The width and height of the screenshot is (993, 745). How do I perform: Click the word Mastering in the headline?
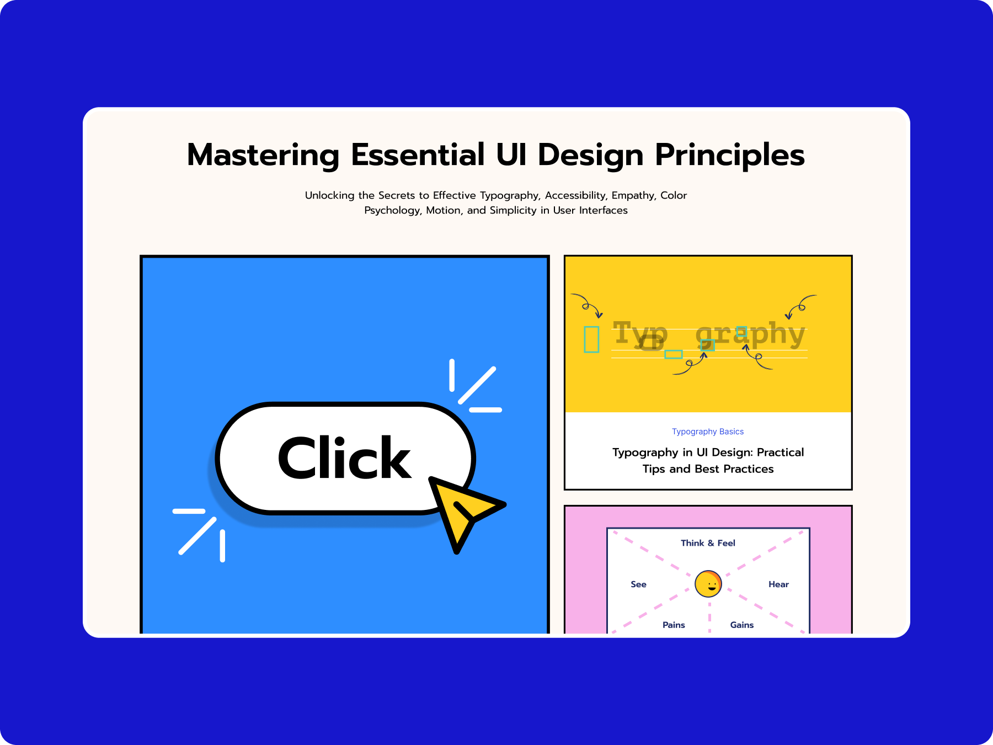[263, 156]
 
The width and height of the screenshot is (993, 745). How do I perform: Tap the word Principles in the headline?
[730, 156]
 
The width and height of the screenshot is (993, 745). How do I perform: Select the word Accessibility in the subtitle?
[575, 195]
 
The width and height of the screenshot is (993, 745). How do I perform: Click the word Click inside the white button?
[345, 457]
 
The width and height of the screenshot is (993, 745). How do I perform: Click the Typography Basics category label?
[708, 432]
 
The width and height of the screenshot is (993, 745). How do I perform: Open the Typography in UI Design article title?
[708, 460]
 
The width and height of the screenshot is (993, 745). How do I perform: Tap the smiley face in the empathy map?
[708, 584]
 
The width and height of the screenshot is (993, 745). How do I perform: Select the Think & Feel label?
[708, 543]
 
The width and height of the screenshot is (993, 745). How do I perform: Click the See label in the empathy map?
[638, 584]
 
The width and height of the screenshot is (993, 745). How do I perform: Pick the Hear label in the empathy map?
[778, 584]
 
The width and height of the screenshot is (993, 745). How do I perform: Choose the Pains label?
[674, 625]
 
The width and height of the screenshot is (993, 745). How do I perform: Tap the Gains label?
[742, 625]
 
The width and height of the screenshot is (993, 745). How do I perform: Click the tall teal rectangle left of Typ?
[591, 339]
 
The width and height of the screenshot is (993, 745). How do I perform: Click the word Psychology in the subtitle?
[393, 210]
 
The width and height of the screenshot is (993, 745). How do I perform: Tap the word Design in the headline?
[591, 156]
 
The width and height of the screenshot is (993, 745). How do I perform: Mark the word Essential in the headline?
[418, 156]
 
